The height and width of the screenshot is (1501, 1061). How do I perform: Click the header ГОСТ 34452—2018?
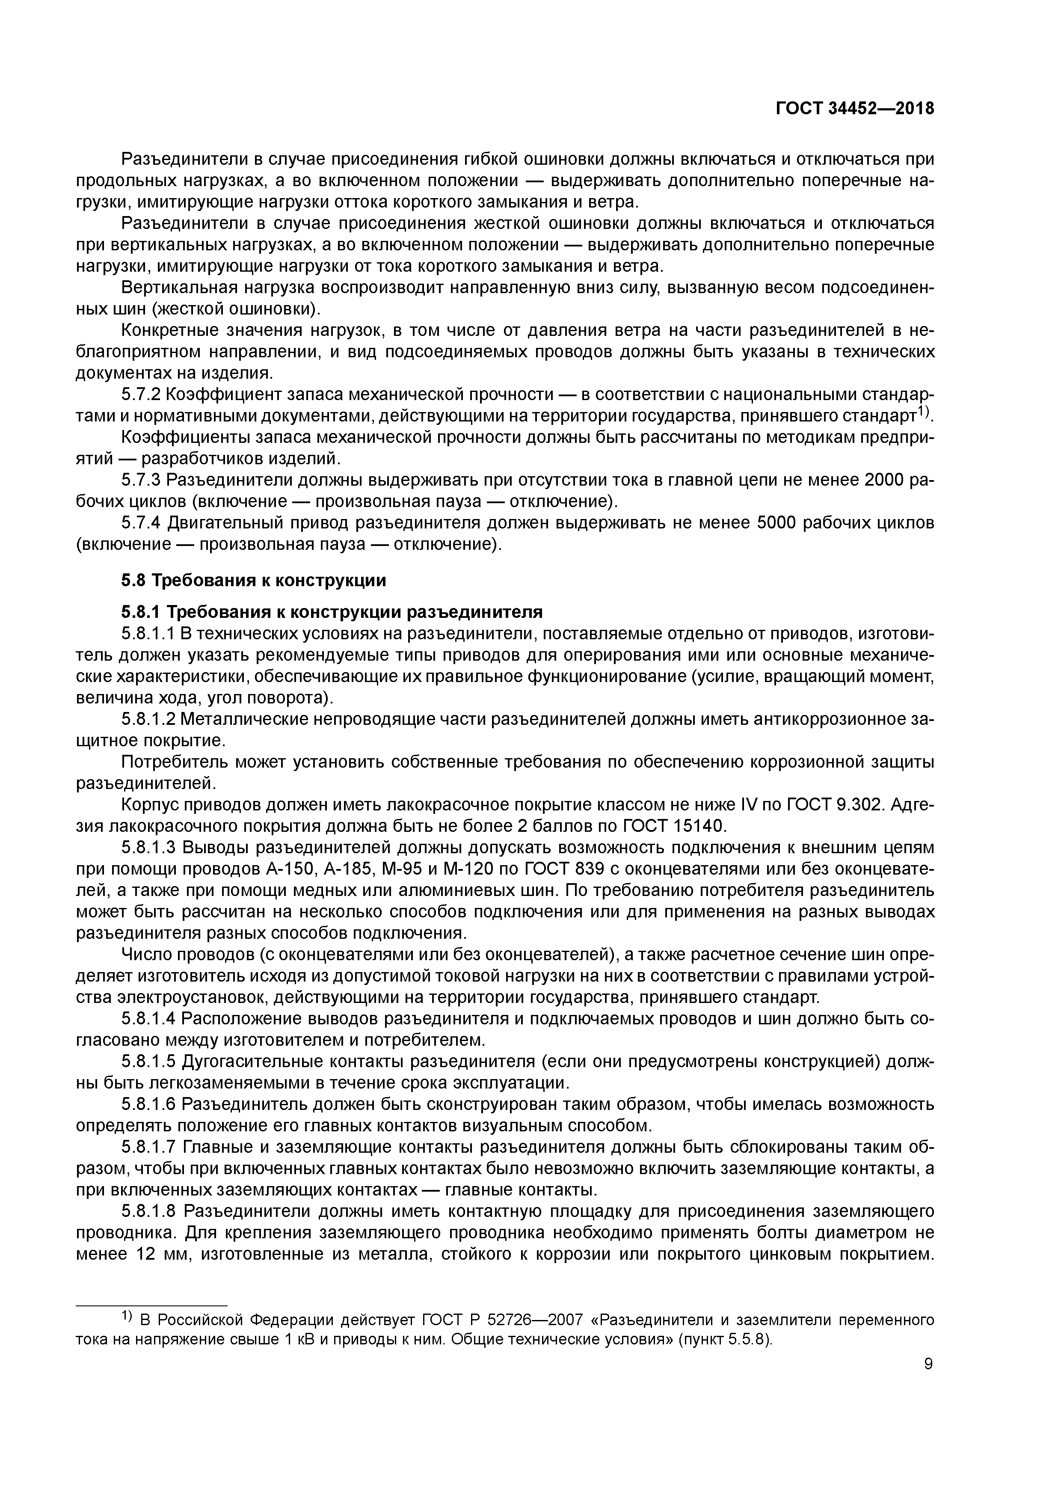(854, 109)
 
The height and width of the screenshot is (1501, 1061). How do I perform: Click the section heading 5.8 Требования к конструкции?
(254, 580)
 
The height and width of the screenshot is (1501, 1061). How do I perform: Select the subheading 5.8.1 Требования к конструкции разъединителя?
(332, 612)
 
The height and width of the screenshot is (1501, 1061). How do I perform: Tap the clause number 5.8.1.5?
(148, 1061)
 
